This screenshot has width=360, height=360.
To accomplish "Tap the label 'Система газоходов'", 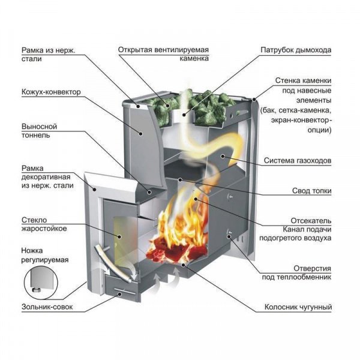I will [298, 161].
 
